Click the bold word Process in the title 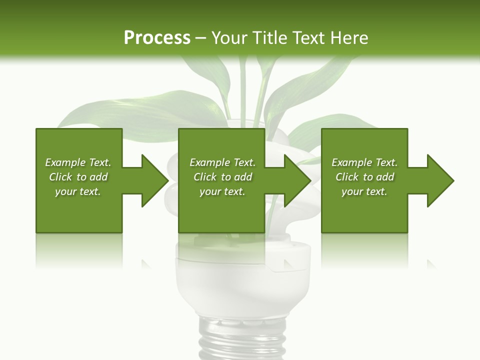point(157,38)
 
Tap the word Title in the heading point(268,38)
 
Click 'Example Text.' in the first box point(78,162)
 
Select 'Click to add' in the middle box point(222,177)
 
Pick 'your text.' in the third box point(364,191)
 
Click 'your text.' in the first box point(78,191)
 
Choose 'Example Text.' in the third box point(364,162)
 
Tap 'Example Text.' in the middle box point(222,162)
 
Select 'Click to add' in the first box point(78,177)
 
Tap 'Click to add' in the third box point(364,177)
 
